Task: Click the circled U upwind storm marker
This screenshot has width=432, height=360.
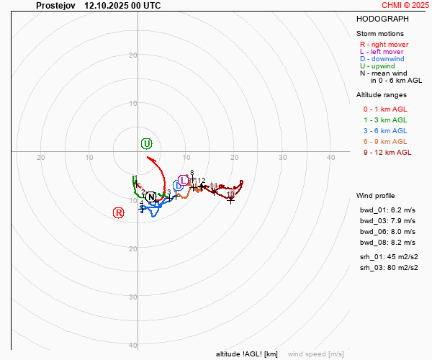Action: click(147, 143)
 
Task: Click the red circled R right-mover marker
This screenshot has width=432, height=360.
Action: click(119, 212)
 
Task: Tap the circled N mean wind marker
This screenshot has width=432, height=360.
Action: click(150, 197)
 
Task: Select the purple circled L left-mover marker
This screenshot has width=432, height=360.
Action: click(184, 180)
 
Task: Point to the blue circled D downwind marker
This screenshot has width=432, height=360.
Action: click(178, 186)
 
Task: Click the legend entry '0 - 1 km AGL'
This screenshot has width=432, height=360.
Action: click(384, 109)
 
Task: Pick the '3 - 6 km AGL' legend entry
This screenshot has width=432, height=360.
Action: click(384, 130)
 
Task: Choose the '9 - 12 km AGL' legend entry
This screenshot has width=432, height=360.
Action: click(387, 152)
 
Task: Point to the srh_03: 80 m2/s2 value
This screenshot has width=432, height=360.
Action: click(387, 267)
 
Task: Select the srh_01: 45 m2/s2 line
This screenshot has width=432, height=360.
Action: click(387, 256)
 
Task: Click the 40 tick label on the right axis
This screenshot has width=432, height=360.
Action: click(331, 158)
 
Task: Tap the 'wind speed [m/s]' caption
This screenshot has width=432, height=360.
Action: click(315, 354)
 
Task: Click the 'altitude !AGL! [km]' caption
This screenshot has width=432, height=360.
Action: click(247, 354)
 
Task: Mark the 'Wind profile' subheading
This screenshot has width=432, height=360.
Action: click(375, 196)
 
